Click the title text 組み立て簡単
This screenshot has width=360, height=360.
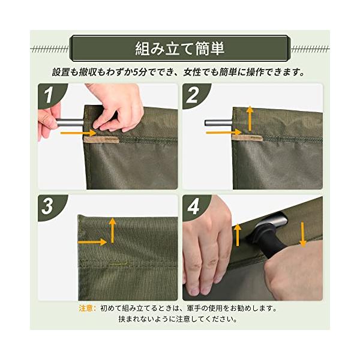coord(180,49)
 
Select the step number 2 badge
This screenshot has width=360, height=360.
coord(194,95)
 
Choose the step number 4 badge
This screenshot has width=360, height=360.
coord(194,206)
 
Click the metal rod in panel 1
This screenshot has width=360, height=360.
coord(70,122)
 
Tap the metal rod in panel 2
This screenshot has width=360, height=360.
coord(218,122)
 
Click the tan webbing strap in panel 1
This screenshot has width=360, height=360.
coord(101,139)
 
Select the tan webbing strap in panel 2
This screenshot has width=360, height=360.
coord(247,138)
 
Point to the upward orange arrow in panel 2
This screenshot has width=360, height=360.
coord(250,118)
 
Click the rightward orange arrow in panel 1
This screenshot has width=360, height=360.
coord(78,133)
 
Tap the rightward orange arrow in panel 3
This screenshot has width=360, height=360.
coord(92,242)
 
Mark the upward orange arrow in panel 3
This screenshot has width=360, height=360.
coord(112,230)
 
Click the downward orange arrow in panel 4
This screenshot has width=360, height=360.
coord(303,235)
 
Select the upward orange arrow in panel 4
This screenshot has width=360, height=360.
coord(238,235)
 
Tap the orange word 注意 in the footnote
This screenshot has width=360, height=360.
coord(86,308)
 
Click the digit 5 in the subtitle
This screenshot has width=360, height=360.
coord(136,73)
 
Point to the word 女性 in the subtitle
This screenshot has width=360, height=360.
coord(192,73)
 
